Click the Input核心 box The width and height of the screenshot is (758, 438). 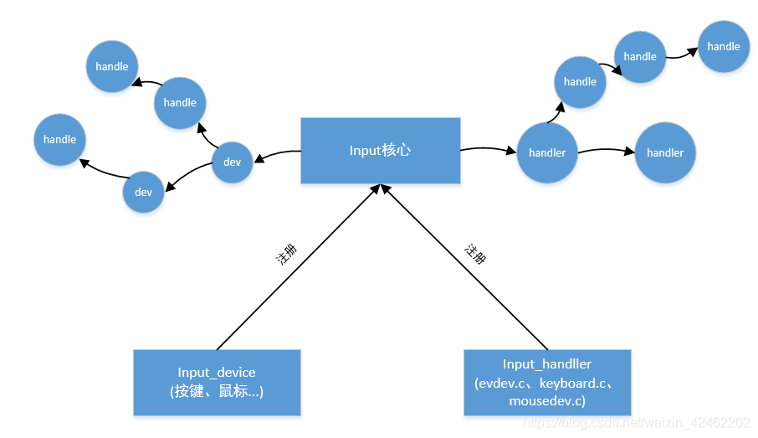coord(380,151)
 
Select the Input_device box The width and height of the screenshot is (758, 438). coord(217,382)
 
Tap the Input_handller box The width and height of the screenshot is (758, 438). coord(547,382)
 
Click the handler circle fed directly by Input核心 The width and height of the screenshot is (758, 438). coord(547,152)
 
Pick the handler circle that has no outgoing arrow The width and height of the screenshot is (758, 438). coord(665,152)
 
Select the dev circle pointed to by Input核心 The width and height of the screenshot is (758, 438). coord(232,162)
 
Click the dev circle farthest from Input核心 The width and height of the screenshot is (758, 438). coord(143,192)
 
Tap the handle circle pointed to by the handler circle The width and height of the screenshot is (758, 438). coord(580,81)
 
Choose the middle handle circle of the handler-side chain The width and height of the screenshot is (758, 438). coord(640,56)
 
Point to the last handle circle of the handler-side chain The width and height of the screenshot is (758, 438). coord(724,47)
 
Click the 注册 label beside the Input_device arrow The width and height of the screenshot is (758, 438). coord(286,255)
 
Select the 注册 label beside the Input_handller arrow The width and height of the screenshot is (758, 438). coord(475,254)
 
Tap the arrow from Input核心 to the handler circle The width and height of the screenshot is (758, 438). coord(488,150)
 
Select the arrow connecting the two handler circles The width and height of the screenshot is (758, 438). coord(607,151)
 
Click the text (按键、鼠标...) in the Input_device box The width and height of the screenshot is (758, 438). coord(217,390)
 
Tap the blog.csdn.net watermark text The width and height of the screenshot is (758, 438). coord(636,423)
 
